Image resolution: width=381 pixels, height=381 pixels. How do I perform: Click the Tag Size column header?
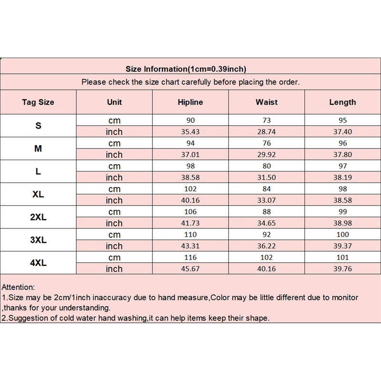click(x=38, y=102)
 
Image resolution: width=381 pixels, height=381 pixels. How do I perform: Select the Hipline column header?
click(x=190, y=102)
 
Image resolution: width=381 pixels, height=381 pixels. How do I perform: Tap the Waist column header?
click(x=267, y=102)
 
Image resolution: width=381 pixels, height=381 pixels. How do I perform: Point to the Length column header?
click(x=342, y=102)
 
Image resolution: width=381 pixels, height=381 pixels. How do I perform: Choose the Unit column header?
click(x=114, y=102)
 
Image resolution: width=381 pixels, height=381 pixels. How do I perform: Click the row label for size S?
click(x=38, y=126)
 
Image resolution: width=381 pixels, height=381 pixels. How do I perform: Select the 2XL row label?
click(x=38, y=217)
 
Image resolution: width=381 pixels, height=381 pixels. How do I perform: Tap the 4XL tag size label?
click(x=38, y=263)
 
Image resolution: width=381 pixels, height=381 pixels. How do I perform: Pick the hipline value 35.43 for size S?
click(x=190, y=132)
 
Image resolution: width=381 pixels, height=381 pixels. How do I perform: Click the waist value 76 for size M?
click(x=267, y=143)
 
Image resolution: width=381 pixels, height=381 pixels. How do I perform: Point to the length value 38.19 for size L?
click(x=342, y=178)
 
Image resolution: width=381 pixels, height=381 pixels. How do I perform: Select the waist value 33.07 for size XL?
click(x=267, y=201)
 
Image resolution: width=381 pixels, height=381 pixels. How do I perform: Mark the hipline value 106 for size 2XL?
click(x=190, y=212)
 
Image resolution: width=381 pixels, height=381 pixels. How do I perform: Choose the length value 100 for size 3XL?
click(x=342, y=235)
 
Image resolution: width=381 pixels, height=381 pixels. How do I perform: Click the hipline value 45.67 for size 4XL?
click(x=190, y=269)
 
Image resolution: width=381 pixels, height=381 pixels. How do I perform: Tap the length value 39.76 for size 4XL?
click(x=342, y=269)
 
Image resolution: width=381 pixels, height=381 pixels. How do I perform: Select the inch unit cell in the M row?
click(x=114, y=155)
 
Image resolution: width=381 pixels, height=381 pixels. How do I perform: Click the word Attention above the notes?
click(x=19, y=287)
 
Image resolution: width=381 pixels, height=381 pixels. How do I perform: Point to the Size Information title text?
click(x=190, y=69)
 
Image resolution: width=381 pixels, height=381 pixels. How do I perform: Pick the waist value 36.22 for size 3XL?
click(x=267, y=246)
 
